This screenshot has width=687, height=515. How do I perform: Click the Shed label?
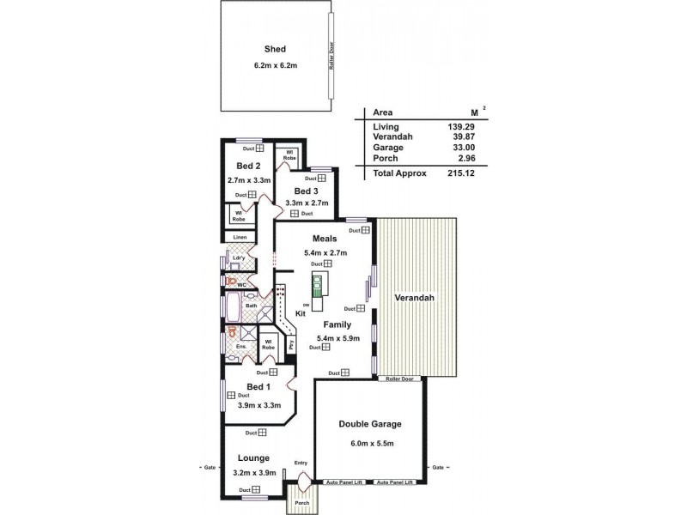click(x=274, y=49)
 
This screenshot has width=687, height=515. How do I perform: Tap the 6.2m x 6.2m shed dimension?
click(x=274, y=66)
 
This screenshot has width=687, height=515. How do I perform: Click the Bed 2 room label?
click(x=249, y=166)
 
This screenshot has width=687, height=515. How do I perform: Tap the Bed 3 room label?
click(x=307, y=191)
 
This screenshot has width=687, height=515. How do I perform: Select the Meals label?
click(x=325, y=238)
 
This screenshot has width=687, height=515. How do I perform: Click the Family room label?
click(x=336, y=325)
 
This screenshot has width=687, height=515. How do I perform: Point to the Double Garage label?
click(x=370, y=424)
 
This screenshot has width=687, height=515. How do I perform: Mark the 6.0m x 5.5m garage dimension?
click(x=370, y=442)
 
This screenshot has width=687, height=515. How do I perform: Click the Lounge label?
click(x=254, y=457)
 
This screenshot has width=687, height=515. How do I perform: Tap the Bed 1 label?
click(x=258, y=387)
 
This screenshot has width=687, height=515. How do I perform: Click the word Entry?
click(x=301, y=463)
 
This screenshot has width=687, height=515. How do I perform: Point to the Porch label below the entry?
click(x=301, y=503)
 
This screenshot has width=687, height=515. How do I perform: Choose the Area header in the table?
click(x=382, y=112)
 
